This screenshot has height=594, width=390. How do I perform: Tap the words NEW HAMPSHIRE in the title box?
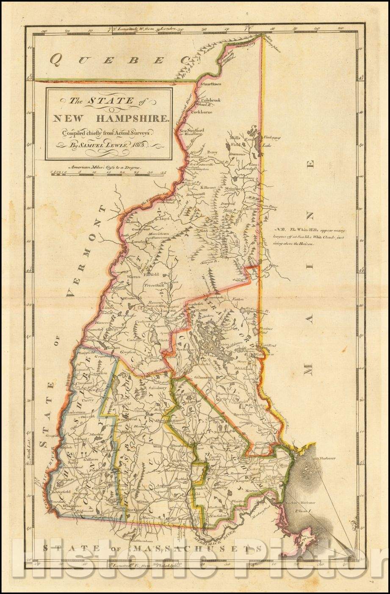pyautogui.click(x=109, y=118)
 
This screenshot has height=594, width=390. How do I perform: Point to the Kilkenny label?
pyautogui.click(x=209, y=187)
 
